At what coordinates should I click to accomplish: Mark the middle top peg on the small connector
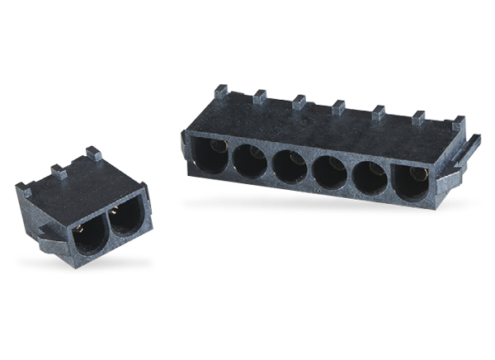tap(59, 169)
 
